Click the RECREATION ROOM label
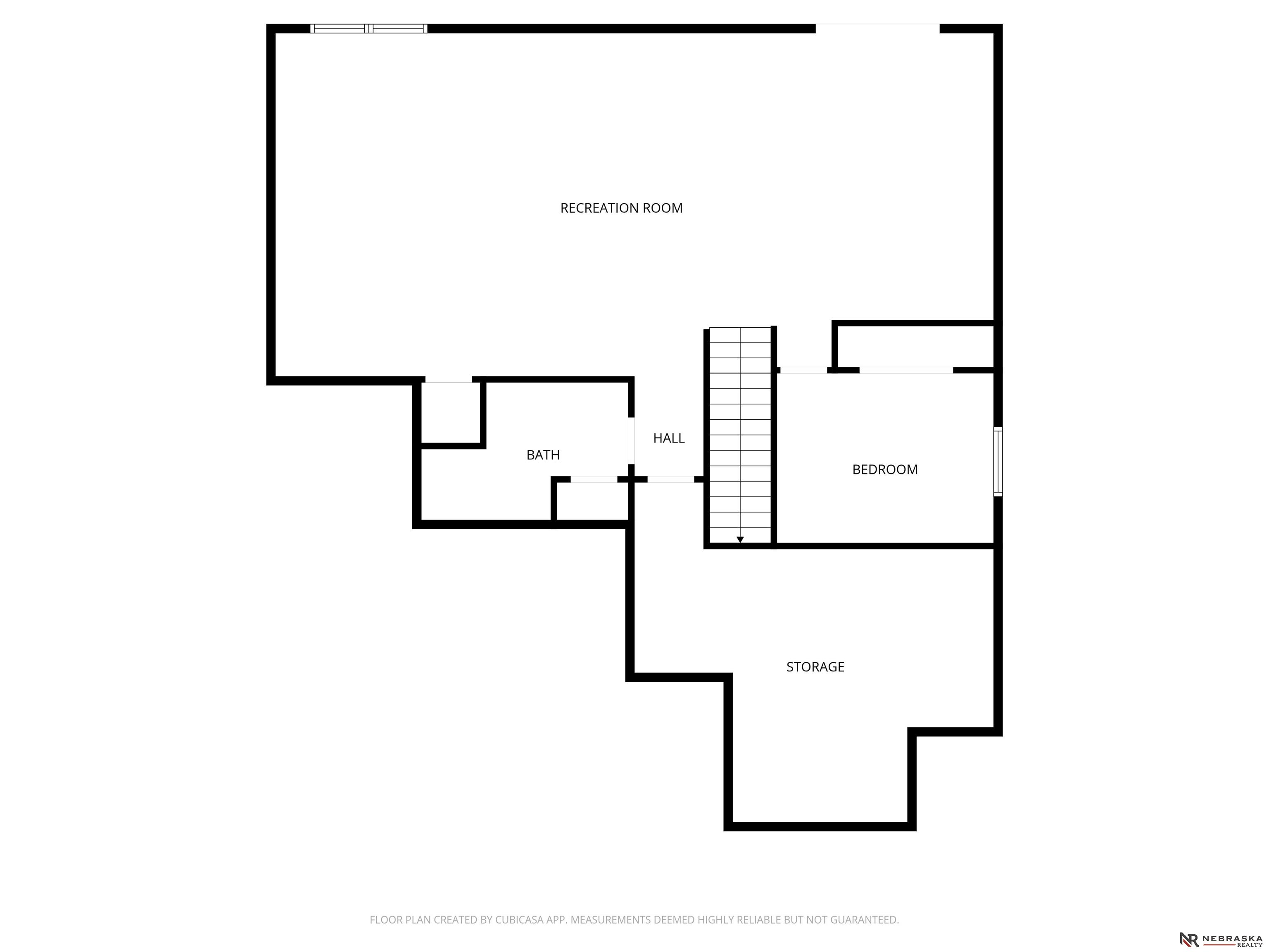(x=621, y=208)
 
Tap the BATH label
(x=543, y=455)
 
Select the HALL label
(x=669, y=438)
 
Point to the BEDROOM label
(x=885, y=469)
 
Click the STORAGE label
(x=815, y=667)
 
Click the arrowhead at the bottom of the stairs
(x=740, y=539)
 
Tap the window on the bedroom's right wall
(x=998, y=462)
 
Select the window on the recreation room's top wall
(x=369, y=29)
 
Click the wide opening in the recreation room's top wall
(x=878, y=29)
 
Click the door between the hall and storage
(x=670, y=479)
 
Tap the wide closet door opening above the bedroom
(x=906, y=370)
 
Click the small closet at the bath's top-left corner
(x=450, y=413)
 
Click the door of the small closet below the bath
(x=594, y=479)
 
